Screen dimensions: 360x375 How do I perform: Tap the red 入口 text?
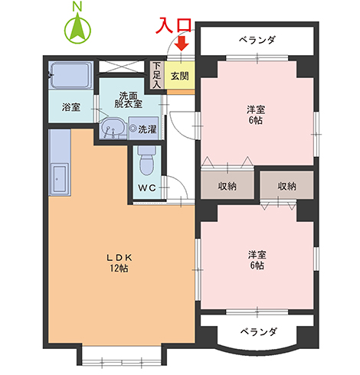click(x=174, y=25)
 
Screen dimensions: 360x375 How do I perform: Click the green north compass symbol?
click(x=77, y=29)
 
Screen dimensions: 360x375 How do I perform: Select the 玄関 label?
click(x=180, y=76)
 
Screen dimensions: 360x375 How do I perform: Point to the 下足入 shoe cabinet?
click(x=156, y=75)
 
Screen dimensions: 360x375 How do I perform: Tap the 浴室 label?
click(x=71, y=107)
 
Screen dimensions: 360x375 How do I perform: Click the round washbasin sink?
click(x=113, y=129)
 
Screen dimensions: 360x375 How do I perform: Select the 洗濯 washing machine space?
click(x=143, y=129)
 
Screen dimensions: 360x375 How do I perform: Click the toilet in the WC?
click(x=146, y=161)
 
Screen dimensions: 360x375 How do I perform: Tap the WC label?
click(x=147, y=188)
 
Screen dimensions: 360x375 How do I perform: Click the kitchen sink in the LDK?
click(x=60, y=179)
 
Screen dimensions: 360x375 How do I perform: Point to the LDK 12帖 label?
click(x=119, y=262)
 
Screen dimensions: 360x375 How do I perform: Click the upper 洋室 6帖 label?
click(x=256, y=115)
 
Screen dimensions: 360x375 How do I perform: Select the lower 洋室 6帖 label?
click(x=257, y=260)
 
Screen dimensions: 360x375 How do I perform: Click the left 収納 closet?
click(x=227, y=185)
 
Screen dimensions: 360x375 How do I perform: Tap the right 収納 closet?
click(x=286, y=185)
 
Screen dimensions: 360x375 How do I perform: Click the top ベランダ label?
click(x=257, y=40)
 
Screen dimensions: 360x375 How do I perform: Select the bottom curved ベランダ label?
click(x=258, y=331)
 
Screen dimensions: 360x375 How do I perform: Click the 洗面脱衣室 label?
click(x=128, y=99)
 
